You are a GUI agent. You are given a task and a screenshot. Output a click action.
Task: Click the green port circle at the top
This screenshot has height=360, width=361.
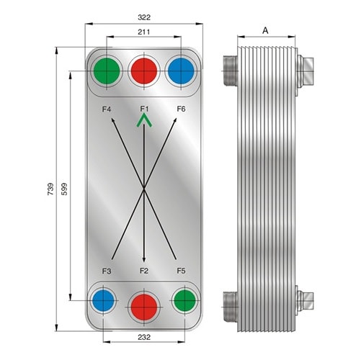pyautogui.click(x=107, y=71)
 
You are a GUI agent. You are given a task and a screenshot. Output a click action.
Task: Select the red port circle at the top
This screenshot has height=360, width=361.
pyautogui.click(x=144, y=71)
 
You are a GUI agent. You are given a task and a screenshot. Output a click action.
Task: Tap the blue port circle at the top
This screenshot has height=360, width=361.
pyautogui.click(x=181, y=71)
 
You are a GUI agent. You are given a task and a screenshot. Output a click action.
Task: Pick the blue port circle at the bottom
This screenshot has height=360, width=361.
pyautogui.click(x=103, y=300)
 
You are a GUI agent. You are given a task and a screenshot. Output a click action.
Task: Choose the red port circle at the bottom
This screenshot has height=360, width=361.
pyautogui.click(x=144, y=307)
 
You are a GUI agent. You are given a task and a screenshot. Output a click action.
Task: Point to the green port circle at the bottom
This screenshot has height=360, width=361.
pyautogui.click(x=184, y=300)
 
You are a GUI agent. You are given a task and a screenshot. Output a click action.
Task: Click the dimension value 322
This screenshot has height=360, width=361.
pyautogui.click(x=144, y=17)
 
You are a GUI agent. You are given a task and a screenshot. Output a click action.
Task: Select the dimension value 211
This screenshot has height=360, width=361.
pyautogui.click(x=144, y=32)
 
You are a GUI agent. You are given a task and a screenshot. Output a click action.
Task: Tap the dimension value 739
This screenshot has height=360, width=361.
pyautogui.click(x=50, y=189)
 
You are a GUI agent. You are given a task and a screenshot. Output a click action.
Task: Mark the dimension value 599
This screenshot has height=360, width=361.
pyautogui.click(x=64, y=189)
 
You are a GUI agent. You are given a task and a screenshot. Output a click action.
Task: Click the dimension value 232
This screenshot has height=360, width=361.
pyautogui.click(x=144, y=337)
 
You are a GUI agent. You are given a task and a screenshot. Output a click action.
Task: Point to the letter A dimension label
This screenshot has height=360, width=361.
pyautogui.click(x=265, y=30)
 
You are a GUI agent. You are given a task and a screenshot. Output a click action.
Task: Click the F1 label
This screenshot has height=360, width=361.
pyautogui.click(x=144, y=109)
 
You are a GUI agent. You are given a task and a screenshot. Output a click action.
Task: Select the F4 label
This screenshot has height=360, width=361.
pyautogui.click(x=107, y=109)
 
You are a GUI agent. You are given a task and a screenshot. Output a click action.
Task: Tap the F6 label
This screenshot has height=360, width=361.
pyautogui.click(x=182, y=109)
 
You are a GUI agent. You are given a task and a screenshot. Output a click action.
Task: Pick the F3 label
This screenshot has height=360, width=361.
pyautogui.click(x=107, y=271)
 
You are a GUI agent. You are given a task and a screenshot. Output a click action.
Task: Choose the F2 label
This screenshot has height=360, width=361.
pyautogui.click(x=144, y=271)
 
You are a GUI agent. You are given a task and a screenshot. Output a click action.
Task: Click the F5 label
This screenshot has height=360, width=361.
pyautogui.click(x=182, y=271)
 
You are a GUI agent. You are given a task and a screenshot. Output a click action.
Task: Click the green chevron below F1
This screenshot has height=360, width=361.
pyautogui.click(x=144, y=120)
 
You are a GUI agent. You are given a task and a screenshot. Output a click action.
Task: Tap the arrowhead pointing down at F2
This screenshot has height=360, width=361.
pyautogui.click(x=144, y=259)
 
